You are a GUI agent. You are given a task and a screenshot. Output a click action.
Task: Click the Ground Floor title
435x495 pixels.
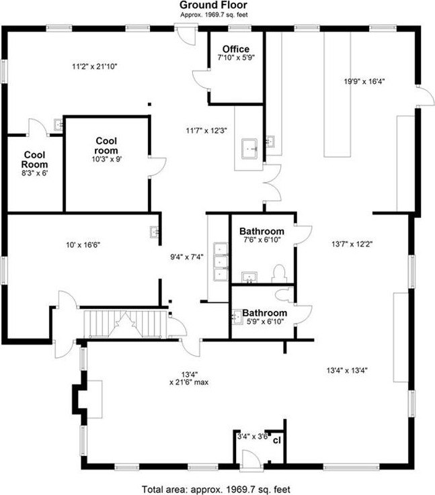[213, 5]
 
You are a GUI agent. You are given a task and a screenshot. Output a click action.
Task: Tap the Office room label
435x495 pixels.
[236, 49]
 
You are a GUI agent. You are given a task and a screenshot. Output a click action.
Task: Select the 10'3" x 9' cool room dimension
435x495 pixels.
[106, 159]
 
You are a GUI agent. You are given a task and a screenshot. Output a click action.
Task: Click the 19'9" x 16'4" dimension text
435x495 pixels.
[364, 81]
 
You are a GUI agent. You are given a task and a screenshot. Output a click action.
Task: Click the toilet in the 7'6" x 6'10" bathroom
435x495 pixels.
[278, 273]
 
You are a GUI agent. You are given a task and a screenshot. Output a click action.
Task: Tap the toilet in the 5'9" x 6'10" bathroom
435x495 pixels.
[284, 294]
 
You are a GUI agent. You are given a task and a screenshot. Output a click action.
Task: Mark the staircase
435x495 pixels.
[125, 324]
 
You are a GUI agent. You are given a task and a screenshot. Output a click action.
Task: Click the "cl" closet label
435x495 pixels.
[276, 440]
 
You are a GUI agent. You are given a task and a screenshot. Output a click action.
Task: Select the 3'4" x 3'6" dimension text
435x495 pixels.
[252, 437]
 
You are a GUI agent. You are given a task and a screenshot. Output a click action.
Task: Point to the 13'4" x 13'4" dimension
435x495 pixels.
[347, 370]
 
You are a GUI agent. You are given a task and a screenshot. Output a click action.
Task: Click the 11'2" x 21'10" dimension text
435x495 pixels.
[94, 66]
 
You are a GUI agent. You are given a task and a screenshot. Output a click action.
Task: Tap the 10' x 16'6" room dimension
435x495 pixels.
[83, 244]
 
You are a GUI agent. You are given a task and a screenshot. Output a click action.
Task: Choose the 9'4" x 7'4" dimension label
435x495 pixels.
[187, 257]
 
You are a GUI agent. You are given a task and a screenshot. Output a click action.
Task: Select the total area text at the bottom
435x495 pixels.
[216, 490]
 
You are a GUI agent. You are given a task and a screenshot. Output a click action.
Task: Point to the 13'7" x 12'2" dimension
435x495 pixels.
[352, 244]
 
